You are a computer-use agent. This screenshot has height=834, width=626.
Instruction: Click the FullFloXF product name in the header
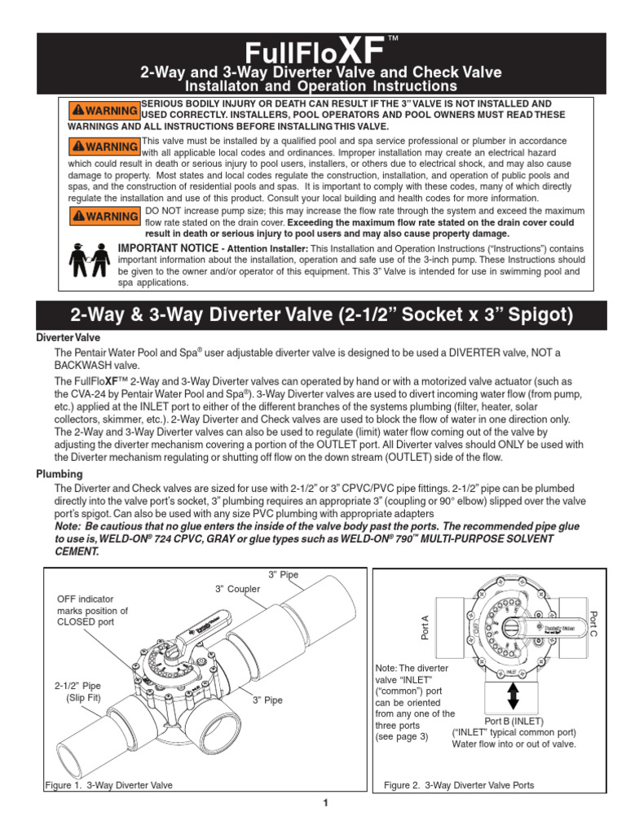pyautogui.click(x=314, y=51)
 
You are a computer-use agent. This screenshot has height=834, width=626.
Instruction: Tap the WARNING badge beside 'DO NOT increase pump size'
pyautogui.click(x=104, y=217)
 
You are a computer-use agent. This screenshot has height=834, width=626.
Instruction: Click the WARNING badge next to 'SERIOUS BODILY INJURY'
pyautogui.click(x=104, y=110)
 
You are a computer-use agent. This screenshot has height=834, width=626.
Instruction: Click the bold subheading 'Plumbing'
pyautogui.click(x=60, y=474)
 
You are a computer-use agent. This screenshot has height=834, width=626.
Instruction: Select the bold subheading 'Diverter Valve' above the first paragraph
pyautogui.click(x=71, y=337)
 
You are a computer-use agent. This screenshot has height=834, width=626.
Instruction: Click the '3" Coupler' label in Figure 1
pyautogui.click(x=237, y=589)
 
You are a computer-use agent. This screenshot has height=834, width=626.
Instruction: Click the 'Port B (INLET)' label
pyautogui.click(x=514, y=721)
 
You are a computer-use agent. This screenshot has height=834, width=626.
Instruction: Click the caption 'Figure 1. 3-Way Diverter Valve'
pyautogui.click(x=109, y=785)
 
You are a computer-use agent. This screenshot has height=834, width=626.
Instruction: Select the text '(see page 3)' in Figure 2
pyautogui.click(x=401, y=736)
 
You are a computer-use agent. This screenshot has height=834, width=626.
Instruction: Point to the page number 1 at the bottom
pyautogui.click(x=324, y=804)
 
